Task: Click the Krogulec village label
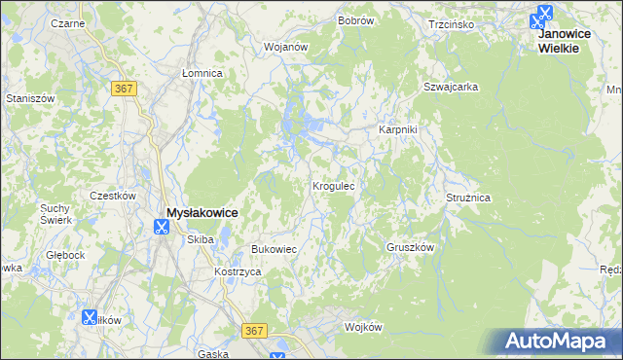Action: (x=338, y=185)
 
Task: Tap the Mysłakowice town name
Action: (x=202, y=212)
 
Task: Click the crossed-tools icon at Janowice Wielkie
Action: (x=542, y=16)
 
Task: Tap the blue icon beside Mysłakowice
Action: (x=161, y=228)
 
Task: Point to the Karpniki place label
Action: (x=398, y=129)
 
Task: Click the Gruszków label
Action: (x=410, y=247)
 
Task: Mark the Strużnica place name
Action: (x=468, y=198)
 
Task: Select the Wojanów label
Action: (x=286, y=46)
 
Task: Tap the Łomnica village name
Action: (x=202, y=73)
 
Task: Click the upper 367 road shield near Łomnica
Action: (x=124, y=89)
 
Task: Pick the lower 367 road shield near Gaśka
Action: (x=255, y=331)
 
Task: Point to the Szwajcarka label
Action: (x=450, y=87)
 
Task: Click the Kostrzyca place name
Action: (x=238, y=271)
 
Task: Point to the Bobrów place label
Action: (x=356, y=20)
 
